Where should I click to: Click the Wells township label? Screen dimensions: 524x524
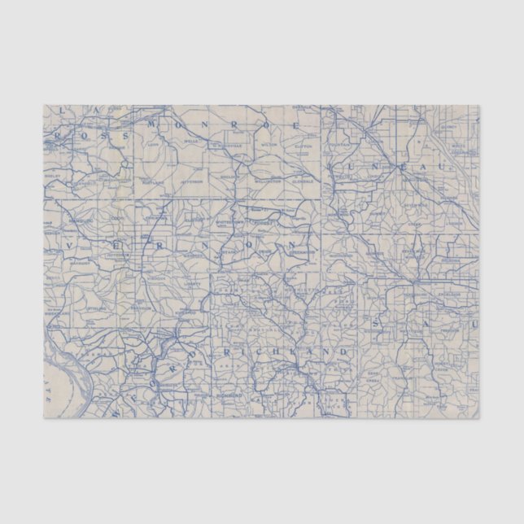(192, 141)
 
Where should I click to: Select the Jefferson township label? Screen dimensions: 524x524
(191, 181)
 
